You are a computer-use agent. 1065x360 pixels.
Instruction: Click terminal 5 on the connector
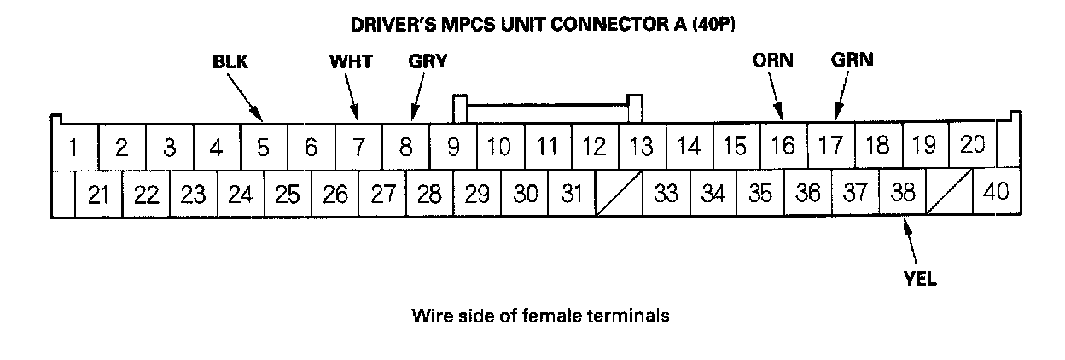pyautogui.click(x=264, y=148)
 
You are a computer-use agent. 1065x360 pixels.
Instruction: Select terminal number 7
pyautogui.click(x=358, y=148)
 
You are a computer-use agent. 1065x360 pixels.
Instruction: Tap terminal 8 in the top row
pyautogui.click(x=406, y=148)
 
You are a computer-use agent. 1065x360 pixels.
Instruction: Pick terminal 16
pyautogui.click(x=783, y=147)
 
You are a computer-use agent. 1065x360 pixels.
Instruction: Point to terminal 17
pyautogui.click(x=829, y=147)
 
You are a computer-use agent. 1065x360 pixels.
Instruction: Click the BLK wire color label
pyautogui.click(x=235, y=61)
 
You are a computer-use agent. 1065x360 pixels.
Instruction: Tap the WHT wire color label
pyautogui.click(x=349, y=61)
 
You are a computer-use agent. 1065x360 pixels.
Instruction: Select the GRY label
pyautogui.click(x=428, y=61)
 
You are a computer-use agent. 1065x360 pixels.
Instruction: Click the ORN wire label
pyautogui.click(x=772, y=61)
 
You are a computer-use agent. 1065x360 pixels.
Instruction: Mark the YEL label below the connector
pyautogui.click(x=919, y=278)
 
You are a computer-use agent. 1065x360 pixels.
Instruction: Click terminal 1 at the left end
pyautogui.click(x=74, y=148)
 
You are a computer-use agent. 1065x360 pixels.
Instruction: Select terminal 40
pyautogui.click(x=996, y=194)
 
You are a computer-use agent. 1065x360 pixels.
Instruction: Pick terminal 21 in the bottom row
pyautogui.click(x=99, y=195)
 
